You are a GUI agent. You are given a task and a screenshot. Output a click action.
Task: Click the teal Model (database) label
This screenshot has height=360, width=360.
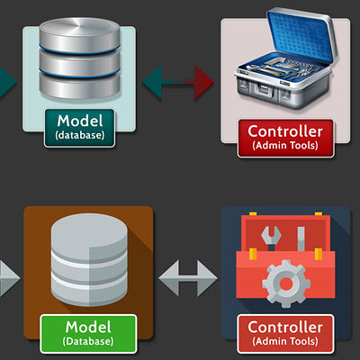point(79,128)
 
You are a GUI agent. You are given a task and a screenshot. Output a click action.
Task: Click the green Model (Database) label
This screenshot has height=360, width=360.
point(88,334)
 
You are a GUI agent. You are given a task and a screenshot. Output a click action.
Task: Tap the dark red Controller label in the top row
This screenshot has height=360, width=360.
point(285,138)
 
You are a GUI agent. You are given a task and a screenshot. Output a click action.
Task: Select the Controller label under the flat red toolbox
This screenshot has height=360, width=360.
point(285,334)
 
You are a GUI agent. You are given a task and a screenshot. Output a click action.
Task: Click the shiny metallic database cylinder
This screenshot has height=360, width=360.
point(80,58)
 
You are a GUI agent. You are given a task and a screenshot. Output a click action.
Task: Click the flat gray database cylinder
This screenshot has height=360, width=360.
point(89,260)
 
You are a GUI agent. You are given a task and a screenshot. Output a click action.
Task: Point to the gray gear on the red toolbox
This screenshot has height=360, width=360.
point(285,283)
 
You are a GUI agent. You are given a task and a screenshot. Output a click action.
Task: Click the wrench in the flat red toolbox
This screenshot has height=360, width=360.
point(271,238)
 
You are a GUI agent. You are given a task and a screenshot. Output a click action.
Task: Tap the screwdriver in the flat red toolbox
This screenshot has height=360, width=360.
point(301,239)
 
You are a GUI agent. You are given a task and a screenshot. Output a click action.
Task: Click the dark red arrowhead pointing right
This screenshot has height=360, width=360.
point(204,83)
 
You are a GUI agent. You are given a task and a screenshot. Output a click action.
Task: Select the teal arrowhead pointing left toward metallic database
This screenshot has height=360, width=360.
point(152,82)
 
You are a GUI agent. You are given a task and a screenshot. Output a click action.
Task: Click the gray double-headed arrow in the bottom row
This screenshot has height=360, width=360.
point(188,278)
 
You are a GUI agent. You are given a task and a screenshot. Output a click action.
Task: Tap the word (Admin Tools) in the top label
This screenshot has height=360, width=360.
point(285,146)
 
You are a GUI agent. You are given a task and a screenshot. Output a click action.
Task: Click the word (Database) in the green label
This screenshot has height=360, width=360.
point(88,341)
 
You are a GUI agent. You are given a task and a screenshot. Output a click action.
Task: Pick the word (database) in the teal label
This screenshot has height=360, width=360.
point(80,135)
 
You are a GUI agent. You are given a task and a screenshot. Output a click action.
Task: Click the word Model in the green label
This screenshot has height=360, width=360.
point(88,327)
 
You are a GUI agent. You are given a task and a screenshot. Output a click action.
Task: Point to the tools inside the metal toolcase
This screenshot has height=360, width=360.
point(282,68)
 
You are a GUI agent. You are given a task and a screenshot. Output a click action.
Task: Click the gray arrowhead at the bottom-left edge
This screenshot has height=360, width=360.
point(9,278)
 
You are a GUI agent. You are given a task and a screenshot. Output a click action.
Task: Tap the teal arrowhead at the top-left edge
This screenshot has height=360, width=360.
point(7,82)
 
